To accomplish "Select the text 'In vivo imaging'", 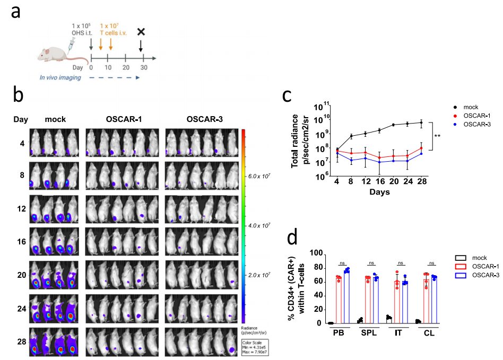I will (x=60, y=77).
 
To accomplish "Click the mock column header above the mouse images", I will (x=55, y=119).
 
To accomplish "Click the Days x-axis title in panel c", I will (x=379, y=192).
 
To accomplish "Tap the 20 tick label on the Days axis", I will (x=393, y=183).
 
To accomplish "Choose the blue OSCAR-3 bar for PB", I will (x=347, y=296).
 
